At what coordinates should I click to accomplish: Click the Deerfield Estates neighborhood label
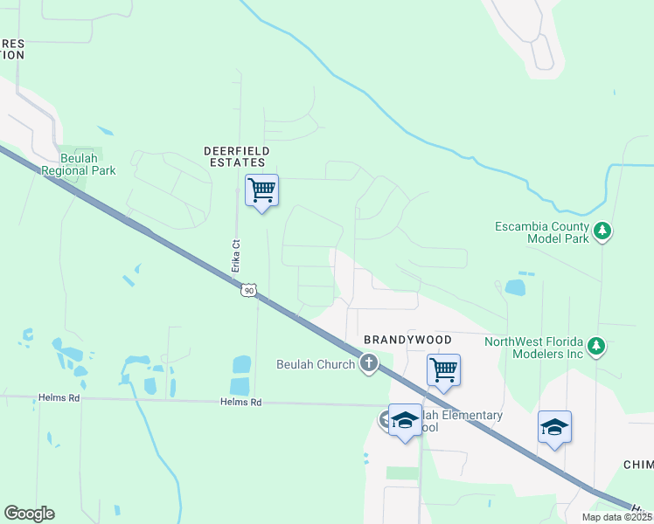tap(234, 156)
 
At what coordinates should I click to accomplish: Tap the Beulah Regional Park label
tap(79, 164)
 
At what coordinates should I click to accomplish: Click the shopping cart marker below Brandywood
tap(443, 369)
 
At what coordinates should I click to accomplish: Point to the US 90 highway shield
tap(249, 290)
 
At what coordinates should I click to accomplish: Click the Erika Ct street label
tap(235, 255)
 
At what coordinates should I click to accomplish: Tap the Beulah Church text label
tap(316, 364)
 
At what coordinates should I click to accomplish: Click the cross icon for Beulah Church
tap(369, 363)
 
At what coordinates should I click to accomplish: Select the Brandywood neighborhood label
tap(407, 339)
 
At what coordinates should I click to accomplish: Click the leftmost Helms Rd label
tap(59, 397)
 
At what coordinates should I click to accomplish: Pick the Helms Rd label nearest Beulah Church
tap(242, 403)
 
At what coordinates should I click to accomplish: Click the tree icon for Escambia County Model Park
tap(602, 231)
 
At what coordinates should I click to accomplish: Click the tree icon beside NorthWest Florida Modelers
tap(596, 347)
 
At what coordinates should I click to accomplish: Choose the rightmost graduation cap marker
tap(554, 426)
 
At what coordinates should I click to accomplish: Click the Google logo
tap(29, 514)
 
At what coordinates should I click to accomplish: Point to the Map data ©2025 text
tap(617, 517)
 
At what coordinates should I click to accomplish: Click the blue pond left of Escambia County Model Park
tap(516, 286)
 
